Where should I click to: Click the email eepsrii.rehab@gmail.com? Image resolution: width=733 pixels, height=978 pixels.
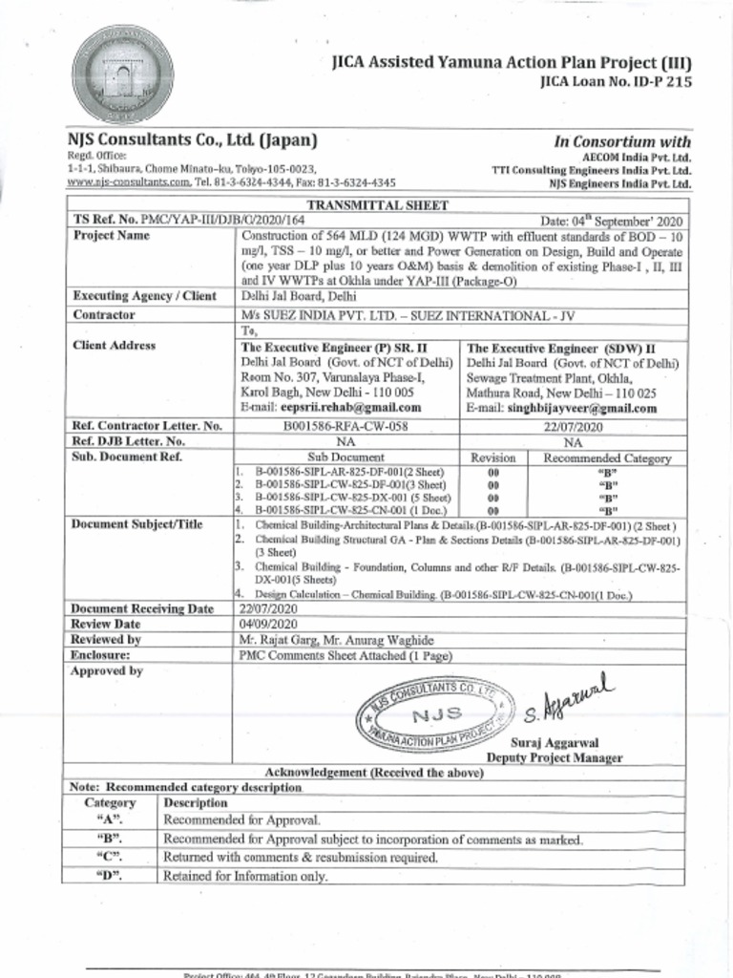[331, 407]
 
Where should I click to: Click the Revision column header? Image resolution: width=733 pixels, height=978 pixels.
[493, 458]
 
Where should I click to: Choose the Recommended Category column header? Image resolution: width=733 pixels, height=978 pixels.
[607, 458]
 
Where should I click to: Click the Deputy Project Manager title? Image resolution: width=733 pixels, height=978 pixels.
[555, 758]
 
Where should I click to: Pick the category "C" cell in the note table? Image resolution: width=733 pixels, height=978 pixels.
[110, 858]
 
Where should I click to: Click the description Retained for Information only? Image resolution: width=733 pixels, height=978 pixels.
[245, 876]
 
